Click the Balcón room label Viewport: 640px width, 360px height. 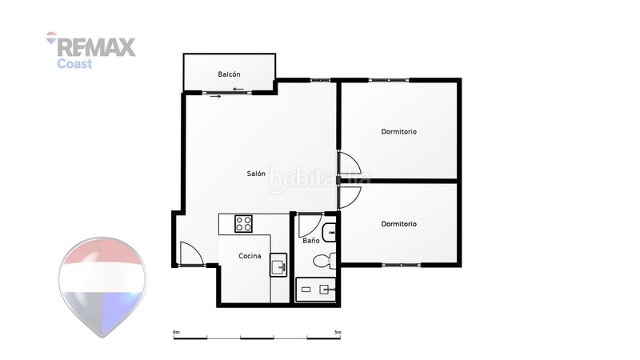[x=229, y=74]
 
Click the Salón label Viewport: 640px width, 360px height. [x=256, y=174]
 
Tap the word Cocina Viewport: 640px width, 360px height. [x=250, y=256]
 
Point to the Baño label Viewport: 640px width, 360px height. [x=311, y=241]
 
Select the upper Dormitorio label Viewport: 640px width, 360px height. [x=398, y=131]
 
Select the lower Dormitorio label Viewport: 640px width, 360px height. [x=398, y=224]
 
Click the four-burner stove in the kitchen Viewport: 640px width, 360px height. [x=243, y=224]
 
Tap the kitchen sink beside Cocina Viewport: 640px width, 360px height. [x=278, y=265]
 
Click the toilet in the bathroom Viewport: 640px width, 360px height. [x=325, y=261]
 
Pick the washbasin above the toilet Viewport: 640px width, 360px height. [x=329, y=233]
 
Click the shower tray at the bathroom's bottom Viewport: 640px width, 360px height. [x=315, y=290]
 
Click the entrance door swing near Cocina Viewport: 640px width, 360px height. [x=191, y=254]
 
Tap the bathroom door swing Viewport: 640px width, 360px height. [x=310, y=225]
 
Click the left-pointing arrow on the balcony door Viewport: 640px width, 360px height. [x=238, y=90]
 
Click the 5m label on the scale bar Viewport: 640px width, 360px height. [x=338, y=332]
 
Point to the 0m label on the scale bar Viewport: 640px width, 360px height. [x=176, y=332]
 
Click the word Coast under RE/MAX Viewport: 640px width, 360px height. [x=74, y=64]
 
